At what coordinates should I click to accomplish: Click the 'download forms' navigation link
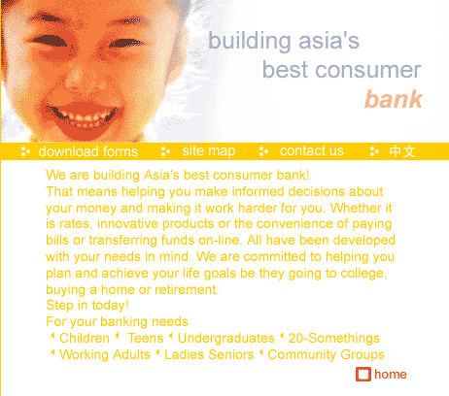pos(88,151)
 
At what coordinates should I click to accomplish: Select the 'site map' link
pos(209,151)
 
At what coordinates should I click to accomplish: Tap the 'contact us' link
pos(312,151)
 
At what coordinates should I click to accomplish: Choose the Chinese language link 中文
pos(402,151)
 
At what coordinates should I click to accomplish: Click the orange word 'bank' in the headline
pos(394,99)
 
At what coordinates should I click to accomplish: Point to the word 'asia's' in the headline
pos(328,41)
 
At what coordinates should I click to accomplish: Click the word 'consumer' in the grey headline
pos(368,70)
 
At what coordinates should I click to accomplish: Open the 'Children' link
pos(85,338)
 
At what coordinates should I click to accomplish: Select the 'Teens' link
pos(146,338)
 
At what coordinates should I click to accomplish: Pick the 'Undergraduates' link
pos(226,339)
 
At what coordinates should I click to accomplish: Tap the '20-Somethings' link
pos(334,339)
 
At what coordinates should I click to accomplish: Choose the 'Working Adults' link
pos(105,354)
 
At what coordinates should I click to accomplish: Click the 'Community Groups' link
pos(327,354)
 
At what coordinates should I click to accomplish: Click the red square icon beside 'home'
pos(363,375)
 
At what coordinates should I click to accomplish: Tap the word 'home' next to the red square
pos(391,375)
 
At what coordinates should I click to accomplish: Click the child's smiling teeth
pos(85,117)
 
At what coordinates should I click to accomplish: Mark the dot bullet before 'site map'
pos(165,151)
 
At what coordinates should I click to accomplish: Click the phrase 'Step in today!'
pos(87,306)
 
